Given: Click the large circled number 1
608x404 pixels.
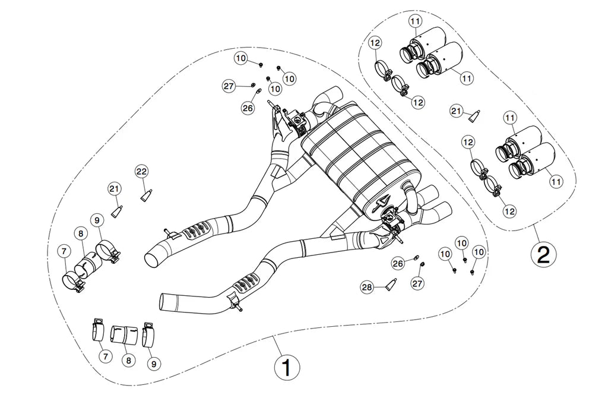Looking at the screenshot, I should click(x=287, y=368).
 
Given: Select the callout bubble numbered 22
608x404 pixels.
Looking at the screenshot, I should click(x=141, y=171).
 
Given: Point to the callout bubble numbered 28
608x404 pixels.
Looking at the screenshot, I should click(x=367, y=288).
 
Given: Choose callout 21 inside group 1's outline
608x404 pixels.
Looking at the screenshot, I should click(x=115, y=189).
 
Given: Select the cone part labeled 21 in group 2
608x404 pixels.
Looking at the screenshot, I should click(x=474, y=115).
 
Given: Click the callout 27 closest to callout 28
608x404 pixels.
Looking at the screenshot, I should click(x=417, y=284).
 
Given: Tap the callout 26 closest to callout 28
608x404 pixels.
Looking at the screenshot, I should click(x=397, y=263).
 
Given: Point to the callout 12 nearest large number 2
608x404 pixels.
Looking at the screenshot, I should click(x=509, y=210).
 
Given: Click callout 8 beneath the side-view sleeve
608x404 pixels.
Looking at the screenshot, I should click(x=128, y=359).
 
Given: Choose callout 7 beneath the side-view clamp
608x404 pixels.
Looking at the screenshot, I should click(x=105, y=356).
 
